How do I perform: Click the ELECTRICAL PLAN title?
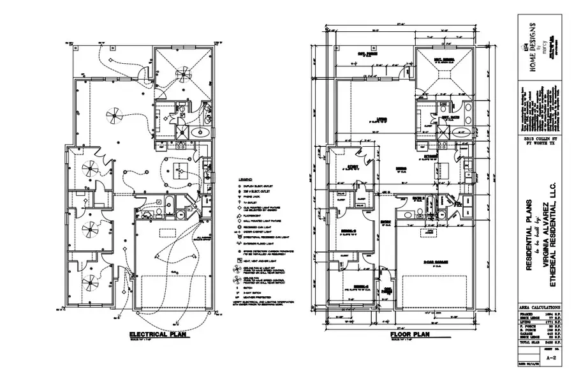tap(157, 334)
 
